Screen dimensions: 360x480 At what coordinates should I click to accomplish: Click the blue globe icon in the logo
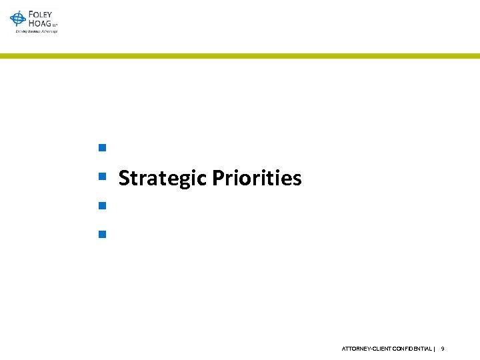tap(18, 19)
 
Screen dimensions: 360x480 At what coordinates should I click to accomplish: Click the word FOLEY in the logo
tap(41, 15)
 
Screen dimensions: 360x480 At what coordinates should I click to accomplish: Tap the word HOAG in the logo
tap(39, 23)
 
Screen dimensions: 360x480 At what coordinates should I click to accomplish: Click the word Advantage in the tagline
tap(49, 31)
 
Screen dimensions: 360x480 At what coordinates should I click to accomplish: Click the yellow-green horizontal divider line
tap(240, 56)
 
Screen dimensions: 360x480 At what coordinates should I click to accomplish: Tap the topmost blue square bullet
tap(102, 147)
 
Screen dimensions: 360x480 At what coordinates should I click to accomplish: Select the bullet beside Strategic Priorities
tap(102, 177)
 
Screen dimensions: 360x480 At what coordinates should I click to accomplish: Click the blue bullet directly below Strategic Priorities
tap(102, 205)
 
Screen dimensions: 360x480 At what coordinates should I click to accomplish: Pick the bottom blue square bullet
tap(102, 234)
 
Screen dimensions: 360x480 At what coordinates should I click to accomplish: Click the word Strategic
tap(162, 179)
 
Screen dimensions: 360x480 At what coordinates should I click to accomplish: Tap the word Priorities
tap(257, 179)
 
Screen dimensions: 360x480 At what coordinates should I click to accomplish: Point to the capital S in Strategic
tap(123, 179)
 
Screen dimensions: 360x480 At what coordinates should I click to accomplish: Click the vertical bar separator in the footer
tap(435, 349)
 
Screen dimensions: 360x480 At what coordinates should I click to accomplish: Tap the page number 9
tap(443, 349)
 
